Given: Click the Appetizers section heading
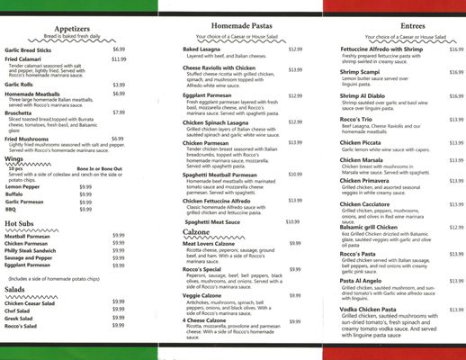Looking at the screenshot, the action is tap(77, 28).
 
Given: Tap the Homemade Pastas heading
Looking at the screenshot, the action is tap(232, 29).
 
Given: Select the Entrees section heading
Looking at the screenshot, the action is tap(388, 29).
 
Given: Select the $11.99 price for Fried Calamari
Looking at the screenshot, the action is tap(119, 58).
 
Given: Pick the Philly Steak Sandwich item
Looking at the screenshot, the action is tap(31, 250).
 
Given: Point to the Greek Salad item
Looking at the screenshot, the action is tap(19, 318).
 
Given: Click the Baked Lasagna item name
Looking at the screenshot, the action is tap(203, 49).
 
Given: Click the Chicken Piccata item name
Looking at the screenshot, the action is tap(362, 142).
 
